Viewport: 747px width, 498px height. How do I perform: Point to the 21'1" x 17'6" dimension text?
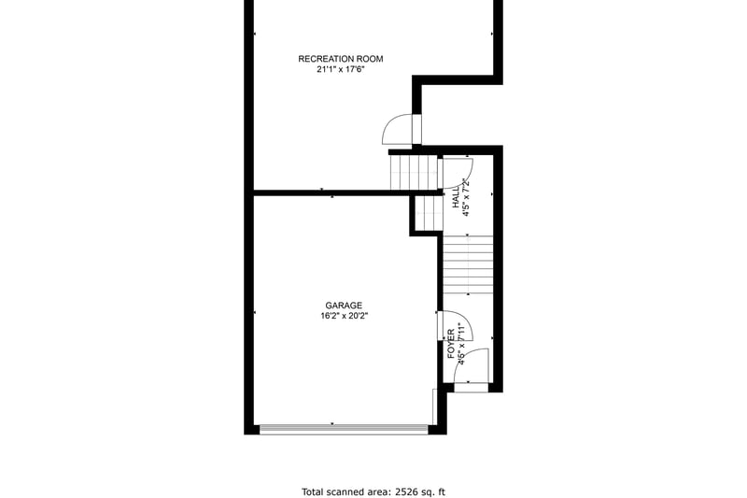(341, 69)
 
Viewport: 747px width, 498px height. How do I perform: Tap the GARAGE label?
(344, 306)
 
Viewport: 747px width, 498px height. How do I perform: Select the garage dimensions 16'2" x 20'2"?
(344, 316)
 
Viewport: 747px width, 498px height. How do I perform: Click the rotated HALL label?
(457, 197)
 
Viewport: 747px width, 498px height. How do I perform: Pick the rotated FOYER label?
(451, 344)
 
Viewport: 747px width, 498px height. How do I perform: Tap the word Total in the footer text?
(312, 491)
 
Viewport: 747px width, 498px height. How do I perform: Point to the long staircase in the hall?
(469, 264)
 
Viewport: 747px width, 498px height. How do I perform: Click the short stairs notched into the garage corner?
(428, 213)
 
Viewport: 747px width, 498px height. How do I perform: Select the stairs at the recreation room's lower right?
(414, 172)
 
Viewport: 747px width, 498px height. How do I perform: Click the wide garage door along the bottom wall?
(344, 429)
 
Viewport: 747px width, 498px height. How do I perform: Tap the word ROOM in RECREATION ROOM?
(370, 59)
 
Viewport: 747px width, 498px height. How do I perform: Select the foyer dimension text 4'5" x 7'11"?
(460, 344)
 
